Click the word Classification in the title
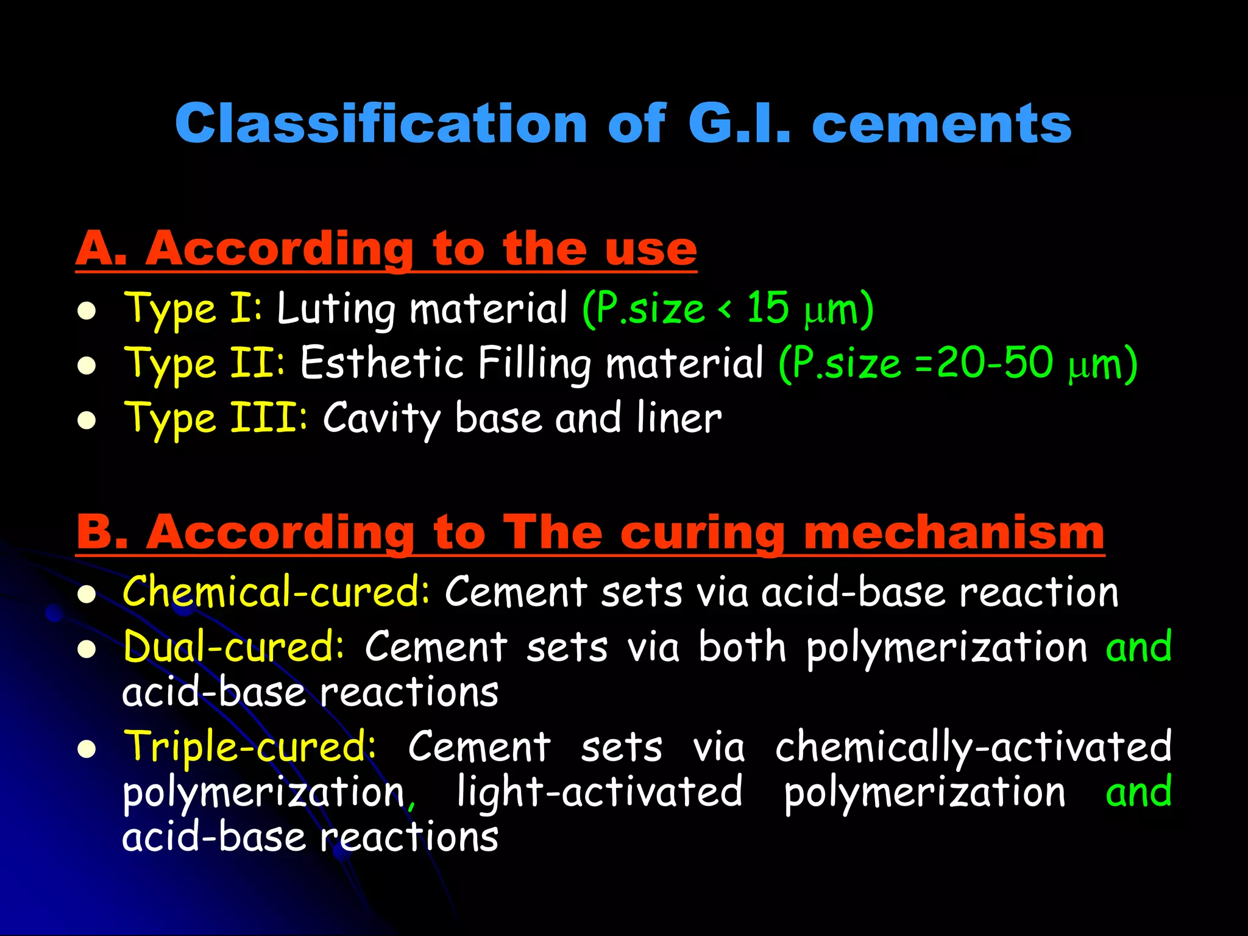click(x=381, y=124)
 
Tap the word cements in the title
click(x=941, y=124)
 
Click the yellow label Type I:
click(x=193, y=308)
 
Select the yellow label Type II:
click(x=204, y=363)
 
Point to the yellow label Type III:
click(x=216, y=419)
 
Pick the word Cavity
click(x=381, y=419)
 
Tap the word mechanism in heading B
click(x=954, y=533)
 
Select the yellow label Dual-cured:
click(x=233, y=647)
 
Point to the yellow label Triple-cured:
click(x=250, y=746)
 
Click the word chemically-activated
click(x=973, y=746)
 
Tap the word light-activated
click(x=600, y=792)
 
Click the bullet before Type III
click(x=87, y=421)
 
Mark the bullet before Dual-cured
click(x=87, y=650)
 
